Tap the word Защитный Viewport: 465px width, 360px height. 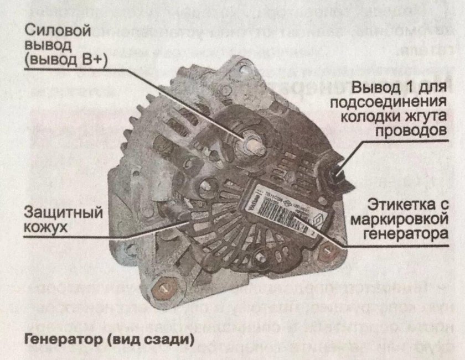[57, 212]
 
